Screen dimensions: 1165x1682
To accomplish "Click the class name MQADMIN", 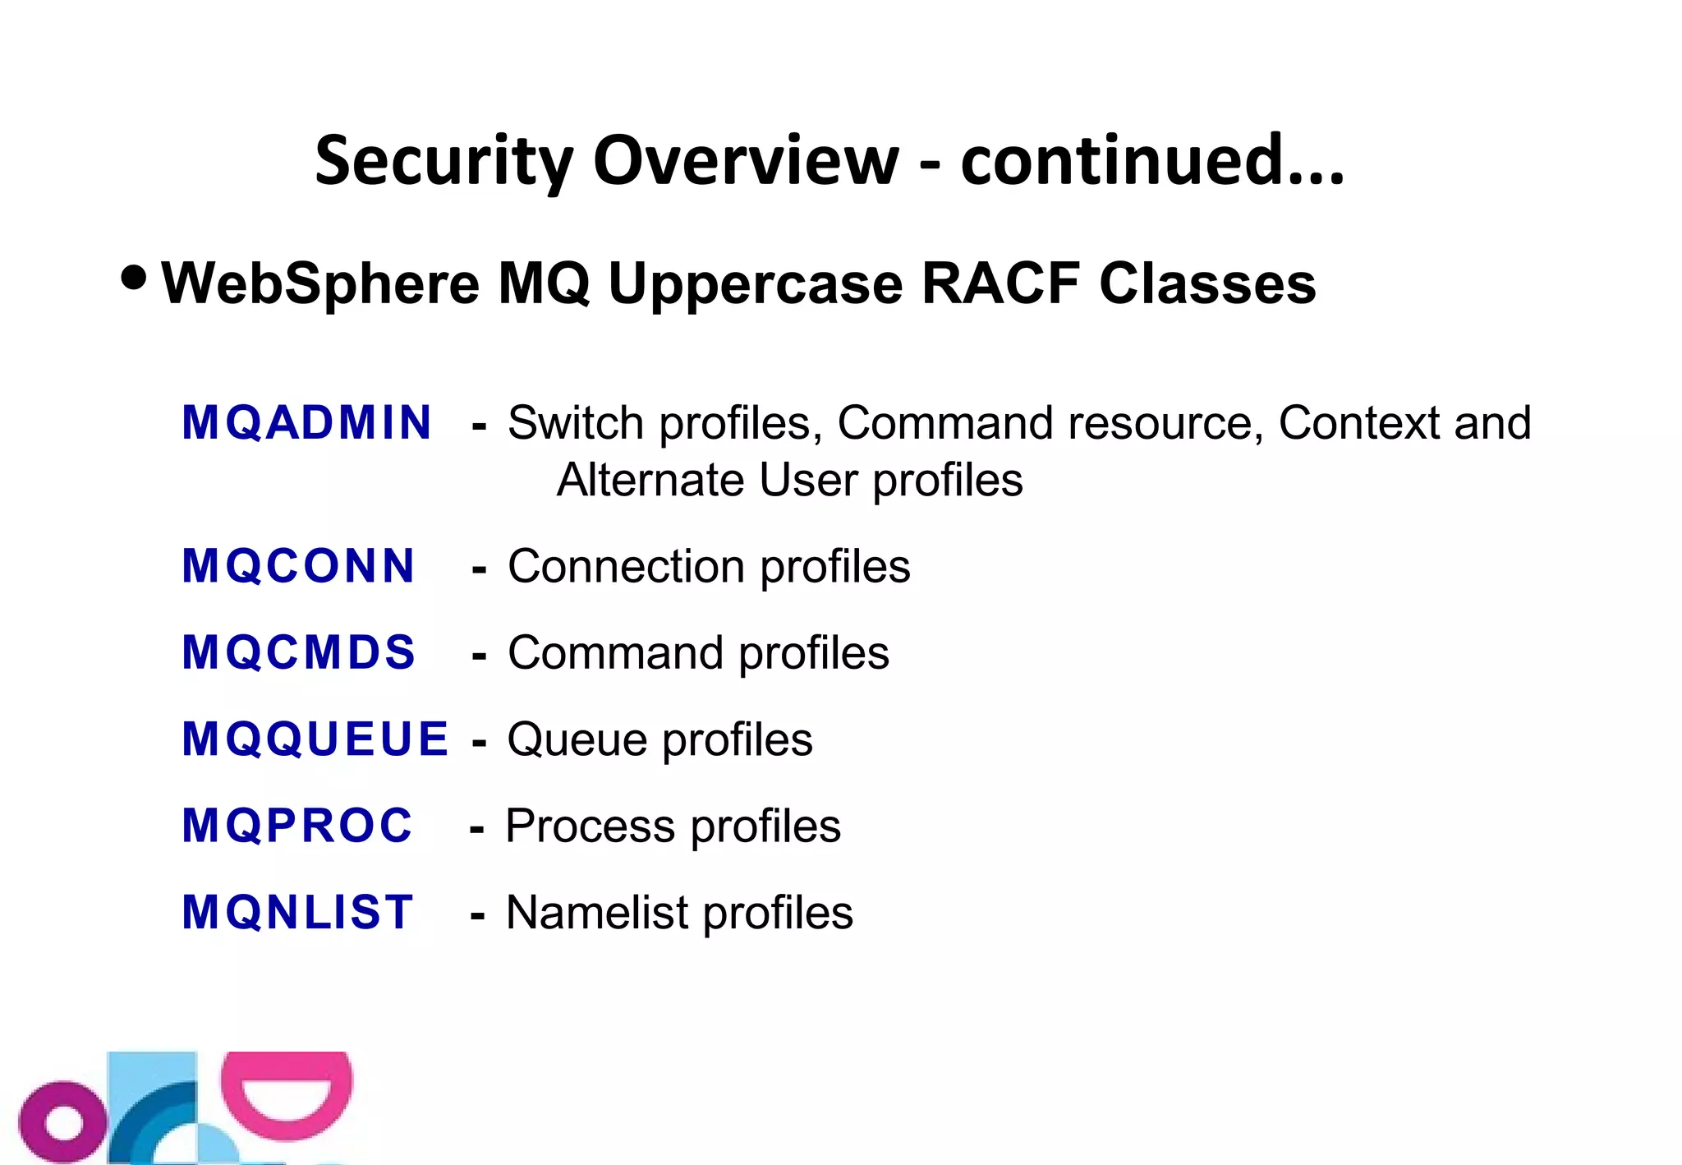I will click(306, 423).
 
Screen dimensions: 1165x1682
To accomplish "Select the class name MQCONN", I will click(298, 567).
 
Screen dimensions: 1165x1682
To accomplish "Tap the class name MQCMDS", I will click(299, 653).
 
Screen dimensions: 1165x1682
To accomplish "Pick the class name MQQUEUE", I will click(315, 739).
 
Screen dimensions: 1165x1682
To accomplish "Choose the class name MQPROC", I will click(297, 826).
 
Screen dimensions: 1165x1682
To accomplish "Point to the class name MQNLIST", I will click(297, 913).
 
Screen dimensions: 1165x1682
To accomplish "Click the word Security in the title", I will click(443, 161).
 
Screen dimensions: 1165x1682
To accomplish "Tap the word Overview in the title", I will click(746, 161).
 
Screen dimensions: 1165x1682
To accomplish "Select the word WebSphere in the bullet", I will click(320, 283).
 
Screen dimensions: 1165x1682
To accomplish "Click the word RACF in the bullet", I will click(1001, 283).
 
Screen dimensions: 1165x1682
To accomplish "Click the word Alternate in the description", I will click(650, 480).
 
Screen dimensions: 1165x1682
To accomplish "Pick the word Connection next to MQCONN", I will click(626, 567).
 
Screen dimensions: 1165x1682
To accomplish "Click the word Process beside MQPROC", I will click(591, 826).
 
